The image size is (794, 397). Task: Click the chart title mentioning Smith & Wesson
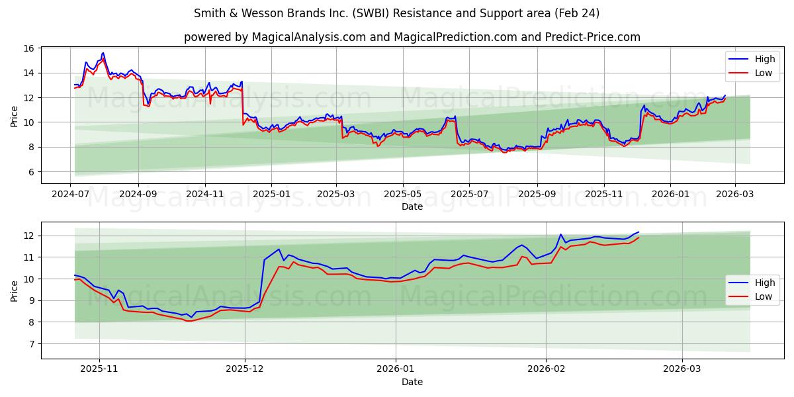[396, 13]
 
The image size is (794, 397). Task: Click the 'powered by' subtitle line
[412, 37]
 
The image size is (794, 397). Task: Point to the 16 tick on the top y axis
[29, 48]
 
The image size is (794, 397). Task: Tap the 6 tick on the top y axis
[32, 172]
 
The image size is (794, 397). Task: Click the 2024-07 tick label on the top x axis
[70, 195]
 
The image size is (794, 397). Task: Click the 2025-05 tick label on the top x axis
[403, 195]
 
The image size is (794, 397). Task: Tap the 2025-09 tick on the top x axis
[537, 195]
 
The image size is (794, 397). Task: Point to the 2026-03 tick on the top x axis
[734, 195]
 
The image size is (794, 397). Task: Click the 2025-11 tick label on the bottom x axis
[99, 370]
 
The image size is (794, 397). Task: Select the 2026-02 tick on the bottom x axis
[547, 370]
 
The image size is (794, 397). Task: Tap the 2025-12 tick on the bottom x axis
[245, 370]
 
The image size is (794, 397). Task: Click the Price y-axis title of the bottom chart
[15, 290]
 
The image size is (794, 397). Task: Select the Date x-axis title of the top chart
[412, 206]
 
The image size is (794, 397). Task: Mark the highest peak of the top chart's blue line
[103, 53]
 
